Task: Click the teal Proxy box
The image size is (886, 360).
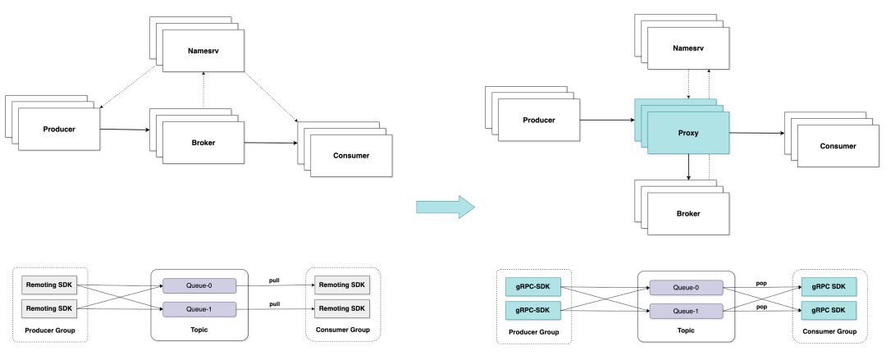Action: tap(688, 133)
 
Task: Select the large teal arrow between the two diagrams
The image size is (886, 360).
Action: tap(445, 207)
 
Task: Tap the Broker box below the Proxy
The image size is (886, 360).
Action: tap(688, 214)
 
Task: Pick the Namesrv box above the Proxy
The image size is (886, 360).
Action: tap(688, 48)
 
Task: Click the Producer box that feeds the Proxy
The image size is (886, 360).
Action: tap(538, 120)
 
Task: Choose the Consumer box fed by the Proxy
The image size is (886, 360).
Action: tap(838, 146)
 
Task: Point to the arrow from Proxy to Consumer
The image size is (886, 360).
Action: tap(756, 134)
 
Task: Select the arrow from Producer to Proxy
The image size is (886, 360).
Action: tap(607, 120)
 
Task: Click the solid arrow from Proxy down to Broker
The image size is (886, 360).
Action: tap(688, 167)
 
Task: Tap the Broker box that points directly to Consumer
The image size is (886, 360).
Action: tap(203, 143)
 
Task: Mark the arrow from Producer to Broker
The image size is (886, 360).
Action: tap(125, 130)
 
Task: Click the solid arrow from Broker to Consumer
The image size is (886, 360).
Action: tap(272, 143)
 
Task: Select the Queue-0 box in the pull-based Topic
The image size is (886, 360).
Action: tap(199, 285)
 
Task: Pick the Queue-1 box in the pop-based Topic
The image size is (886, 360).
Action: tap(686, 311)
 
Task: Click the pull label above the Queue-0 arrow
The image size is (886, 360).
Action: tap(274, 280)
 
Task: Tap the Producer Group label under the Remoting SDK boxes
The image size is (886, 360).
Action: tap(50, 330)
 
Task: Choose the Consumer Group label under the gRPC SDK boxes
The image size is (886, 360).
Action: tap(829, 331)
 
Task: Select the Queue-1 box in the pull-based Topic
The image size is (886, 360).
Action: tap(199, 309)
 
